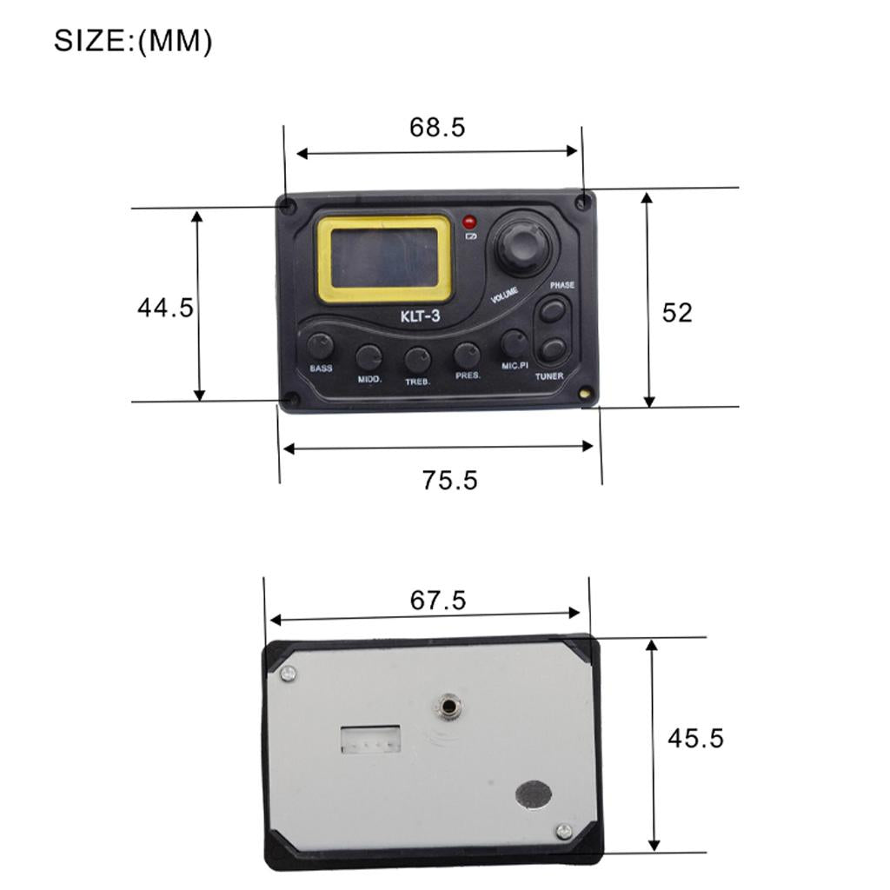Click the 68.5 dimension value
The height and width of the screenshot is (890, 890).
(x=437, y=127)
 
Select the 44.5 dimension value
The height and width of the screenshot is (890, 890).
(x=165, y=308)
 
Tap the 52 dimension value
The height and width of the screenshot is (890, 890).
(x=677, y=313)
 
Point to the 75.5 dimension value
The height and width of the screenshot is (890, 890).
(x=449, y=480)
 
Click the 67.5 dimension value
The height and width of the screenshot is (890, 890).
(x=438, y=601)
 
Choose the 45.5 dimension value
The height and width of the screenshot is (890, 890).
(x=695, y=739)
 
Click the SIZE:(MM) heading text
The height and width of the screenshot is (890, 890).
(x=133, y=42)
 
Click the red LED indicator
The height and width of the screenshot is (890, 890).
(x=470, y=222)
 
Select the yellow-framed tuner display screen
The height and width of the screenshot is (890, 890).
(x=385, y=259)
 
